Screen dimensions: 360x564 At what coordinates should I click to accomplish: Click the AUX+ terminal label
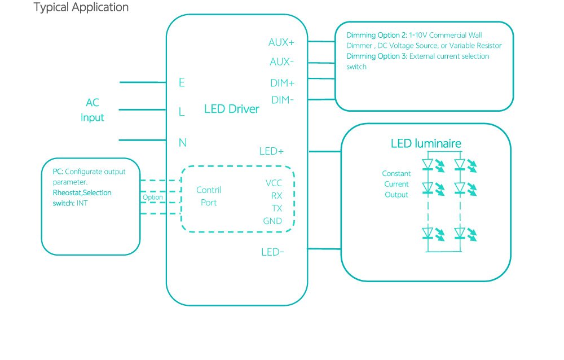[281, 42]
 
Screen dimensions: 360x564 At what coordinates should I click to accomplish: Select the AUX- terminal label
[281, 62]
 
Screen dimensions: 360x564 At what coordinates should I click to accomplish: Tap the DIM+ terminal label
[283, 84]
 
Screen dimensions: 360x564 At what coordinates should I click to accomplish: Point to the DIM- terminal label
[282, 100]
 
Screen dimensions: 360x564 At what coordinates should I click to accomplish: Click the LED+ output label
[271, 151]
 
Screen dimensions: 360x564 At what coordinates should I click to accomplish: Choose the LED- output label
[272, 252]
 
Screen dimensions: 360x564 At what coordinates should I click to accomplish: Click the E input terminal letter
[182, 83]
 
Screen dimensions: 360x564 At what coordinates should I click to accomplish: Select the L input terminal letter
[182, 112]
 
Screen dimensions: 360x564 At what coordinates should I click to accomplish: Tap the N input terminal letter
[182, 143]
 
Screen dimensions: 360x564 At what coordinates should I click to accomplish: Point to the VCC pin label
[274, 183]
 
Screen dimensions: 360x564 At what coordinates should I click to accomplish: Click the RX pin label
[276, 196]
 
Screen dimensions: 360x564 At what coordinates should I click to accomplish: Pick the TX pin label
[276, 208]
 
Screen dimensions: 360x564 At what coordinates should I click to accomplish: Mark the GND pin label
[272, 221]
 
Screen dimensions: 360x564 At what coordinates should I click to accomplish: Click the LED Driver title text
[231, 109]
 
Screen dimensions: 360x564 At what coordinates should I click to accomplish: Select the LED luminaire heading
[426, 144]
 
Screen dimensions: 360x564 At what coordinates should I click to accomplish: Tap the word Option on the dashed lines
[152, 197]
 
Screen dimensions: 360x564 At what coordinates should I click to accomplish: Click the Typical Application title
[81, 7]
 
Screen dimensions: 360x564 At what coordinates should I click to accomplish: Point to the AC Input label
[92, 110]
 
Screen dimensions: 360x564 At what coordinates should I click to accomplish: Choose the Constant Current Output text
[396, 184]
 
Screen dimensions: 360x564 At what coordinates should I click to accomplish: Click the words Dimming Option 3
[377, 56]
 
